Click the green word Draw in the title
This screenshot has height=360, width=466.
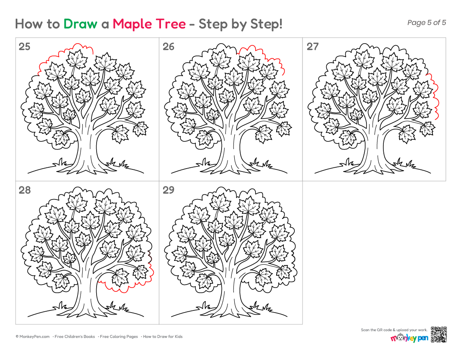coord(80,24)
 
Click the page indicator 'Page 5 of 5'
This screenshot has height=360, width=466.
coord(427,22)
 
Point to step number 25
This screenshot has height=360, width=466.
coord(25,47)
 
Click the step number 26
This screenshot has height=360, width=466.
coord(168,47)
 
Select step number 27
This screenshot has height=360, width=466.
coord(312,47)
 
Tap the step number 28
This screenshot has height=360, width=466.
coord(25,190)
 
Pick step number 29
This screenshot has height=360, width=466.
coord(168,190)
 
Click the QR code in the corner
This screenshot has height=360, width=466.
coord(438,335)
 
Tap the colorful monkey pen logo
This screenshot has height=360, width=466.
coord(409,338)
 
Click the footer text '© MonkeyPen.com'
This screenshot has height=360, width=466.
coord(33,337)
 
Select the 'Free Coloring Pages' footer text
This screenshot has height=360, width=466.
coord(119,337)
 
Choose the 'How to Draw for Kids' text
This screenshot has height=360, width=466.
coord(163,337)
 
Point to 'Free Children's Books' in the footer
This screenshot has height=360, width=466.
coord(75,337)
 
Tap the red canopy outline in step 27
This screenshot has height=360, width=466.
coord(436,95)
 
